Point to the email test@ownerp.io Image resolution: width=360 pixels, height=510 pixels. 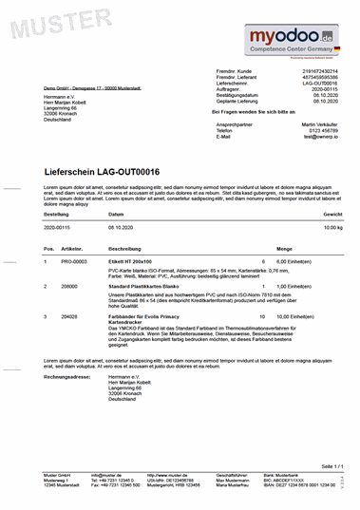tap(322, 137)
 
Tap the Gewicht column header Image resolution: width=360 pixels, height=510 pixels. tap(332, 216)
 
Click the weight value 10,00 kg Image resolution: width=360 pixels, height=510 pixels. tap(332, 229)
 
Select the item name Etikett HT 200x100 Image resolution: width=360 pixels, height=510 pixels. tap(130, 261)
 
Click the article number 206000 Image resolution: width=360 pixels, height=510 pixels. tap(68, 285)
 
